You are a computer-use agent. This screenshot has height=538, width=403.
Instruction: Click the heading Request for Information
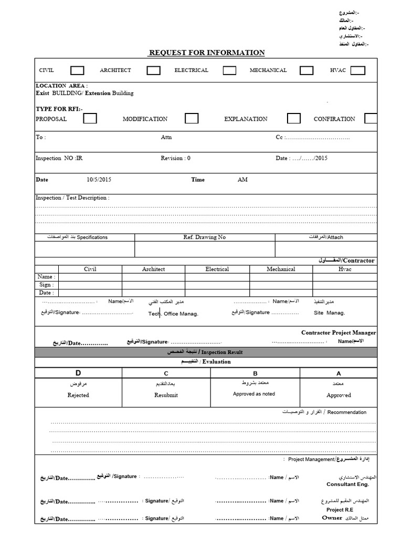point(207,53)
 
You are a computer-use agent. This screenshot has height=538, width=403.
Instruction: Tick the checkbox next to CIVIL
point(77,70)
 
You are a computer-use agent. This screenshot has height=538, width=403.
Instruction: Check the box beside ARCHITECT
point(153,70)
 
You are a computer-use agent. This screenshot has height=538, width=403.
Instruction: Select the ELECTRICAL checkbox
point(229,70)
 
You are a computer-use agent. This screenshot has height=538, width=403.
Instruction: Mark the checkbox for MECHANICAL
point(306,70)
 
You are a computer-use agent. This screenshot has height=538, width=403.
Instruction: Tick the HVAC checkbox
point(358,70)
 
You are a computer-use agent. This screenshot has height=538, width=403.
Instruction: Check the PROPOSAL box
point(90,118)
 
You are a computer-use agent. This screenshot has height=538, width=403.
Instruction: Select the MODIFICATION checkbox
point(192,118)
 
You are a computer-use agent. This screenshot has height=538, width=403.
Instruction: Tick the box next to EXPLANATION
point(294,118)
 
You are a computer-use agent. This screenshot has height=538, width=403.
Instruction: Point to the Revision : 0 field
point(176,158)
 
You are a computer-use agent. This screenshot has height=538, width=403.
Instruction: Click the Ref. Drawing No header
point(205,237)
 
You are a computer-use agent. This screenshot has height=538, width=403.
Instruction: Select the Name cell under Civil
point(90,277)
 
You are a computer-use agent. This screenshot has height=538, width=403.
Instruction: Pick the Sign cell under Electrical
point(217,285)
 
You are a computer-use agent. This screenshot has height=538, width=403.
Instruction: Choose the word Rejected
point(78,395)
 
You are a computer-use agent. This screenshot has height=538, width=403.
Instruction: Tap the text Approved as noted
point(254,394)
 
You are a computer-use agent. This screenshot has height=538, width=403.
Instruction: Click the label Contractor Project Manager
point(338,333)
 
